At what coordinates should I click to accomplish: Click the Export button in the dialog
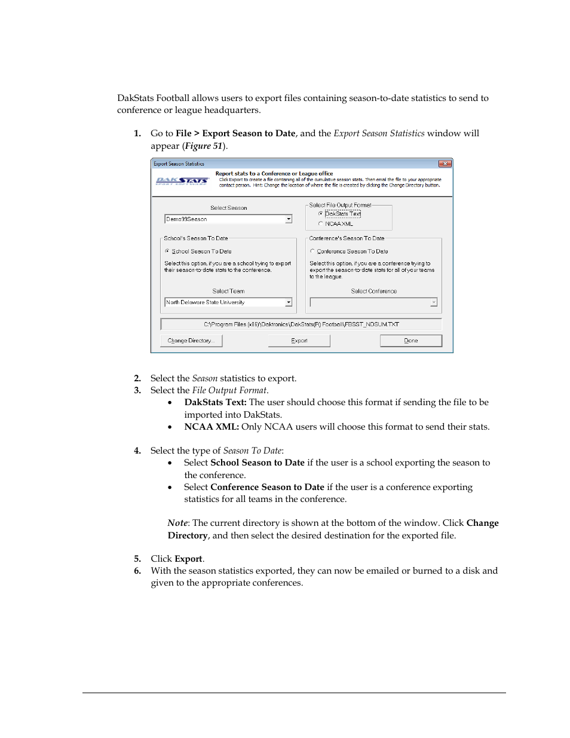299,341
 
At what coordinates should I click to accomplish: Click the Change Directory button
191,341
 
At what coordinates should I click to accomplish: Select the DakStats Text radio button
321,213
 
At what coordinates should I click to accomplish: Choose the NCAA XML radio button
321,223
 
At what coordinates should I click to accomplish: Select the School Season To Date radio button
167,251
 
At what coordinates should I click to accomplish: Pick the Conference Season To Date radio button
312,251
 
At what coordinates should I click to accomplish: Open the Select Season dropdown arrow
289,219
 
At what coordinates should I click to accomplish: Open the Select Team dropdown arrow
289,302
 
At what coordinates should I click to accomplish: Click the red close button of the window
445,164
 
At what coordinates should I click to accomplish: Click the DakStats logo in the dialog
182,180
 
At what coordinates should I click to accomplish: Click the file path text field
301,324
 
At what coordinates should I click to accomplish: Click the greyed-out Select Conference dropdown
373,302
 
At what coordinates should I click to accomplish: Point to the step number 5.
137,559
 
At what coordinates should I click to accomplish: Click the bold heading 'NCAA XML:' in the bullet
212,427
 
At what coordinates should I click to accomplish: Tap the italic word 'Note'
177,523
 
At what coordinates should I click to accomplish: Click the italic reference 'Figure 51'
204,146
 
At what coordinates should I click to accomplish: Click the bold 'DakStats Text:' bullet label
215,402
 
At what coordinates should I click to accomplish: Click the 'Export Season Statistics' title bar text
179,164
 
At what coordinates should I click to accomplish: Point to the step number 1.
137,133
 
